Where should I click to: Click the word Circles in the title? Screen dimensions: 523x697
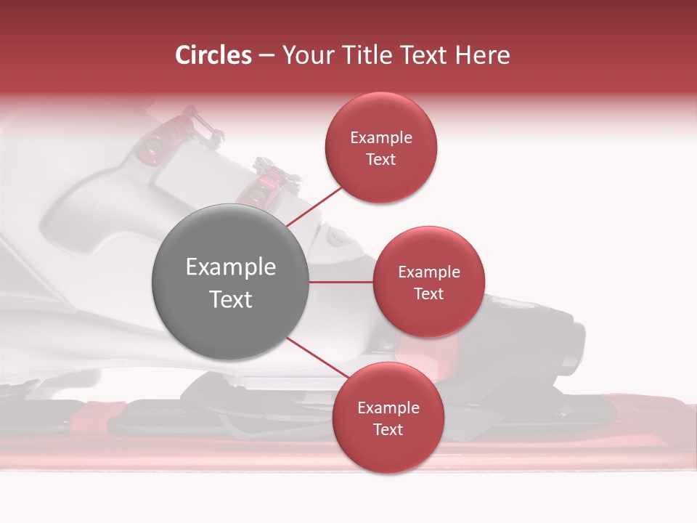click(213, 55)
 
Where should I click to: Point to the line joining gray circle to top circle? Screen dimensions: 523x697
click(314, 206)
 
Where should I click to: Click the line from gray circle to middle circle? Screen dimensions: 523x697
click(341, 282)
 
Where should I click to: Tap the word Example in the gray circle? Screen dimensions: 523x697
click(230, 267)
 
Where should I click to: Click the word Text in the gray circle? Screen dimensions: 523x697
click(230, 299)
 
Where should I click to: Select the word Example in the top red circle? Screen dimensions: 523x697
click(380, 138)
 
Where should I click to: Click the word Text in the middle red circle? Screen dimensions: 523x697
click(428, 294)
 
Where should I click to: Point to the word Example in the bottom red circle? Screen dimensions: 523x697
click(388, 408)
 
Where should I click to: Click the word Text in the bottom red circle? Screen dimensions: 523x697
click(388, 430)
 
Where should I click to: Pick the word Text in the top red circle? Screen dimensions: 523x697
click(380, 160)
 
